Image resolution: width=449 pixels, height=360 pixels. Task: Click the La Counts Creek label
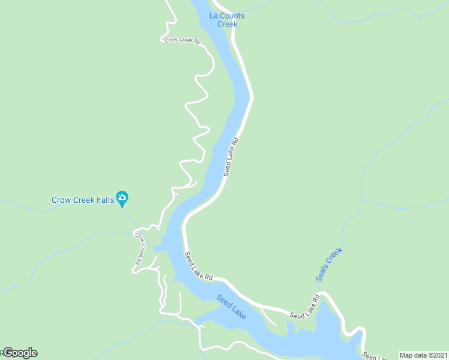pyautogui.click(x=227, y=20)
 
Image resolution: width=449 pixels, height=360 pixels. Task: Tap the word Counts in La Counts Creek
pyautogui.click(x=232, y=16)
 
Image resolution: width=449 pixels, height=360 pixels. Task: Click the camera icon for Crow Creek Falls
pyautogui.click(x=122, y=197)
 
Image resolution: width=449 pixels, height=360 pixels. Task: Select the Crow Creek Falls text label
pyautogui.click(x=82, y=200)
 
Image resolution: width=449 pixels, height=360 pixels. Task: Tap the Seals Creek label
pyautogui.click(x=329, y=265)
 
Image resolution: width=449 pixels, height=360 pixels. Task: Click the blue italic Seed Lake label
pyautogui.click(x=232, y=307)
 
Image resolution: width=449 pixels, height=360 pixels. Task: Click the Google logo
pyautogui.click(x=20, y=353)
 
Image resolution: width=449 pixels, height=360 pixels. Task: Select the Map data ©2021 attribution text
pyautogui.click(x=423, y=355)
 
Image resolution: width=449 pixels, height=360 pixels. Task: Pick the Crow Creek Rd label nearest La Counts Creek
pyautogui.click(x=182, y=41)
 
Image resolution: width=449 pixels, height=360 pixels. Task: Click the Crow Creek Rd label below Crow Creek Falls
pyautogui.click(x=139, y=249)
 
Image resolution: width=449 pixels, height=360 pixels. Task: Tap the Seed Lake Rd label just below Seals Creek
pyautogui.click(x=305, y=307)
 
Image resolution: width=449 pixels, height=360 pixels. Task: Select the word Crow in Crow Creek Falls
pyautogui.click(x=61, y=200)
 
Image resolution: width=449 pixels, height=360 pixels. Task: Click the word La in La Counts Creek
pyautogui.click(x=214, y=16)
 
